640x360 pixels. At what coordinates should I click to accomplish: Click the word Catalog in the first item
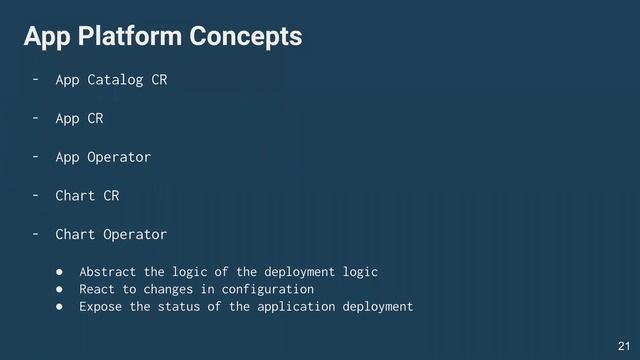pos(115,79)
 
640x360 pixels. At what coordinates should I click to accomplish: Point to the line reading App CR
pos(79,118)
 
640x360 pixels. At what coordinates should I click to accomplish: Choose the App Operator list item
pos(103,157)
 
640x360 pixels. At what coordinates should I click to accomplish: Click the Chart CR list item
pos(87,196)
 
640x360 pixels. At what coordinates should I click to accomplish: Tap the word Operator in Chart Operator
pos(135,235)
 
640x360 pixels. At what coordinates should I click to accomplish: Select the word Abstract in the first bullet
pos(110,271)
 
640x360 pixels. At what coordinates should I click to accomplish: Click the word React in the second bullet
pos(98,288)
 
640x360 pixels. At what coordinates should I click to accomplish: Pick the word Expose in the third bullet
pos(102,305)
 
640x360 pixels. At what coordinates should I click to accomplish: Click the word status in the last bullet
pos(198,305)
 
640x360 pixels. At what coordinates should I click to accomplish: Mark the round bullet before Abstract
pos(59,271)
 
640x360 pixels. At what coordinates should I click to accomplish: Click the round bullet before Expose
pos(59,305)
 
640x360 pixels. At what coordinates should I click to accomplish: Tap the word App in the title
pos(45,37)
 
